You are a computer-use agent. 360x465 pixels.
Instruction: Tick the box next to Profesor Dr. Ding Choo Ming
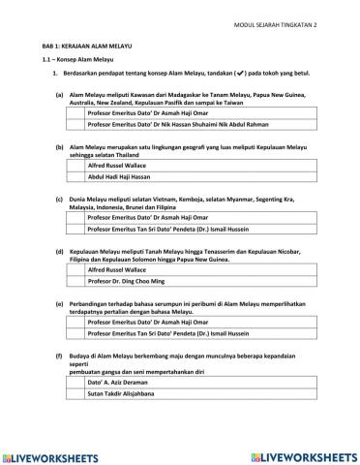click(x=75, y=290)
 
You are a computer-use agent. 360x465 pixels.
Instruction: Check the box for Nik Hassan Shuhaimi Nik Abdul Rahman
click(x=75, y=125)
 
